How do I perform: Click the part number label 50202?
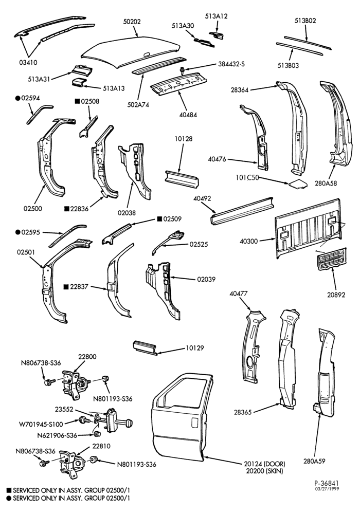coord(132,22)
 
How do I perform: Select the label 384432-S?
coord(231,64)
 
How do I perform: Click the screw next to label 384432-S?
coord(182,70)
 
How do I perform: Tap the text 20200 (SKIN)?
coord(264,471)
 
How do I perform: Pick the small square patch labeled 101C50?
coord(298,184)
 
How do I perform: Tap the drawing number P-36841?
coord(326,483)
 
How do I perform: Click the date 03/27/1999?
coord(327,489)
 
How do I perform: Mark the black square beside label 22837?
coord(66,287)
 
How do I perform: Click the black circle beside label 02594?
coord(17,98)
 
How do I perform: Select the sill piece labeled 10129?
coord(145,347)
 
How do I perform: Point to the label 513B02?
coord(305,21)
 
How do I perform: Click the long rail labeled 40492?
coord(242,211)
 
